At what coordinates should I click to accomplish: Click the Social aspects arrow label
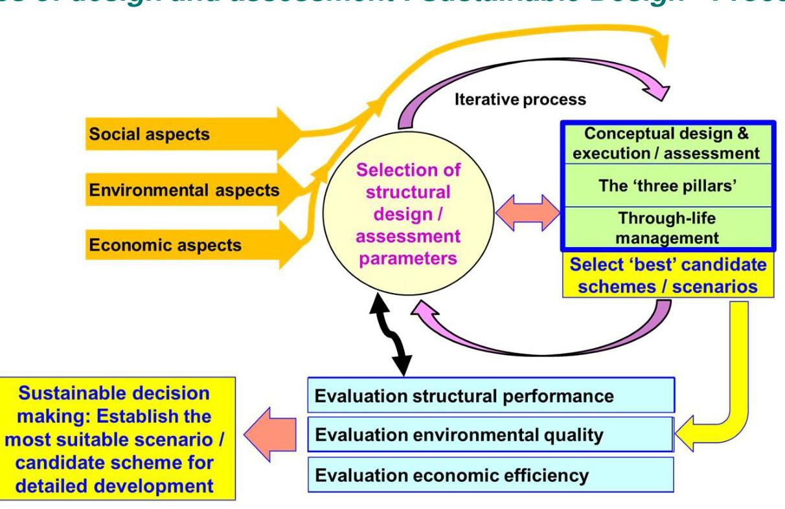click(148, 134)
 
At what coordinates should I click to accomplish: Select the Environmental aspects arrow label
click(185, 190)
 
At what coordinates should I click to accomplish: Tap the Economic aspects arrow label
click(168, 245)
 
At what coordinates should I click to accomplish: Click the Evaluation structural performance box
click(491, 395)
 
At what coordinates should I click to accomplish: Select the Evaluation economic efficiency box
click(491, 476)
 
